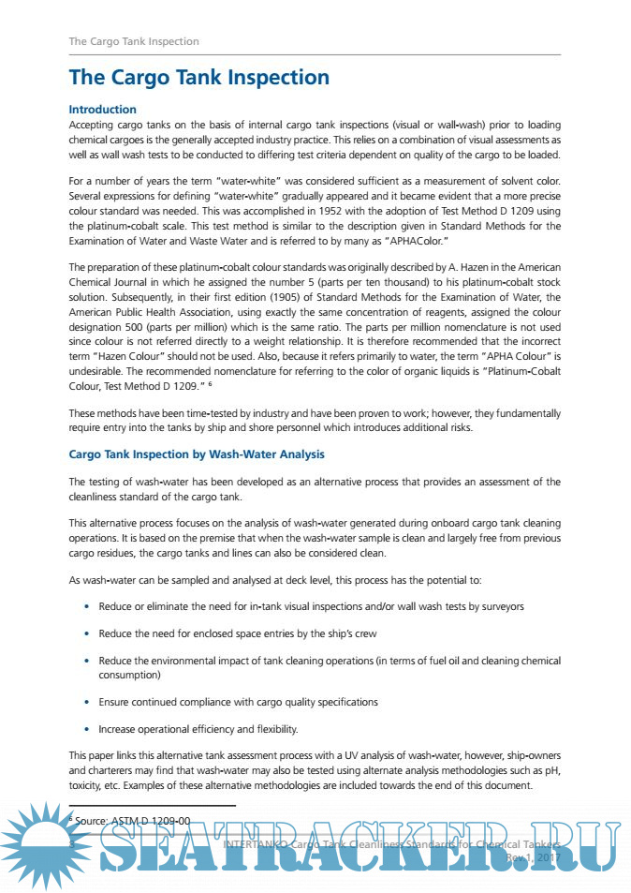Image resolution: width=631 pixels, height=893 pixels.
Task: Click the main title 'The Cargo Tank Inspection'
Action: [x=198, y=78]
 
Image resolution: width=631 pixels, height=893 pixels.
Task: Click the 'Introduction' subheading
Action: [x=102, y=110]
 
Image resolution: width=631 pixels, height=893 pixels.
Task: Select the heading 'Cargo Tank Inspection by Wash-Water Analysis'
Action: [x=197, y=454]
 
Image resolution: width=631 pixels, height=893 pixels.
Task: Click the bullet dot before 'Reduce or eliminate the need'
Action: [x=87, y=607]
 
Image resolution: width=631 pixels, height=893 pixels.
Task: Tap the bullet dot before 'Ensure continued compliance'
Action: [x=87, y=702]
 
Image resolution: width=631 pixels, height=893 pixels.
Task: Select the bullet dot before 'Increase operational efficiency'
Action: [x=87, y=729]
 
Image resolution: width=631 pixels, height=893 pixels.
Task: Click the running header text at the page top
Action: [x=134, y=41]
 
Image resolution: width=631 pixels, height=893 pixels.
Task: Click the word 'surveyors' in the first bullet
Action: [x=502, y=607]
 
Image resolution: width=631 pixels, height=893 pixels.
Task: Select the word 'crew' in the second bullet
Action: [x=364, y=634]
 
